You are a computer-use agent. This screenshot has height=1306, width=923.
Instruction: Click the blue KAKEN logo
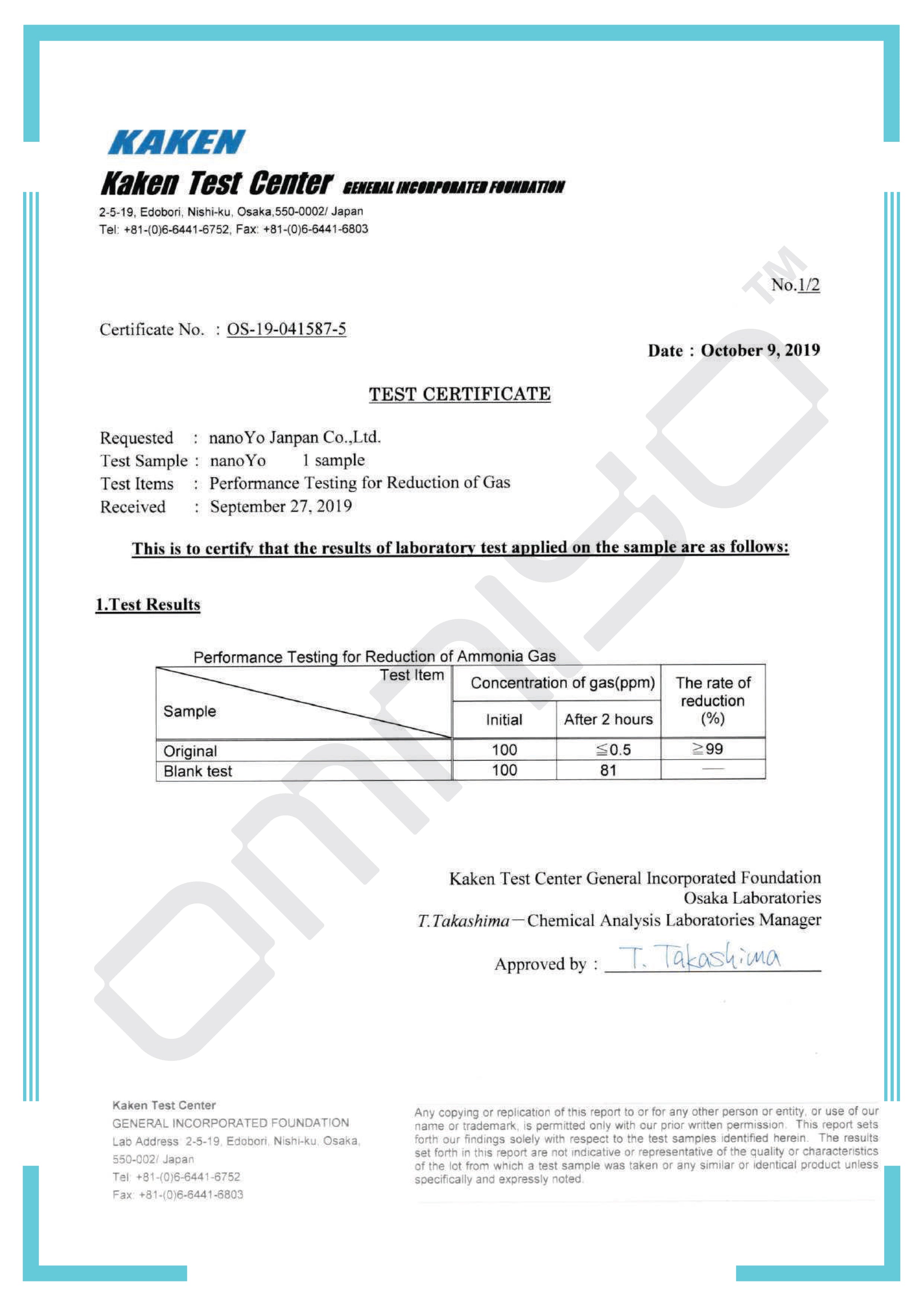click(176, 142)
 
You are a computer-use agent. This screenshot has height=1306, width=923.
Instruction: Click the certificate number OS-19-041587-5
click(286, 329)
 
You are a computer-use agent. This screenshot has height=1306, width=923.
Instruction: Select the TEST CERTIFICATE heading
click(460, 394)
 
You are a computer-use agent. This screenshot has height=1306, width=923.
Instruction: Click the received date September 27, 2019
click(281, 506)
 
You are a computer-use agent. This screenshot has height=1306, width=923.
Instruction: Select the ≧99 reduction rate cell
click(708, 749)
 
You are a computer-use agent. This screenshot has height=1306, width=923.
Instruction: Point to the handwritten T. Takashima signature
click(699, 958)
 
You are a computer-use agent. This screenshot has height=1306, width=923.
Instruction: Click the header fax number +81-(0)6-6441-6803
click(316, 229)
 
